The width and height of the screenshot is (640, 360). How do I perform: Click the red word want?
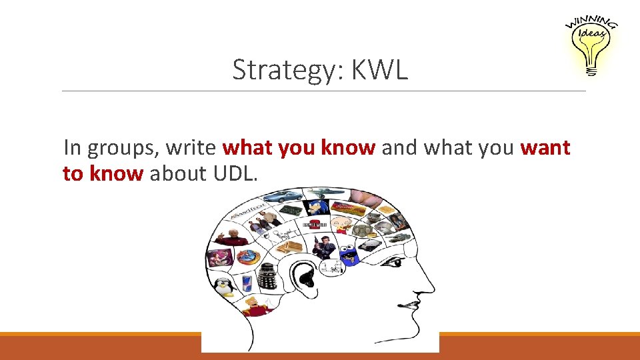[545, 147]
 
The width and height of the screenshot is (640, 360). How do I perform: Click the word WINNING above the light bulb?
[592, 22]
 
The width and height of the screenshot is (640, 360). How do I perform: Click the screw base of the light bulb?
[591, 69]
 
